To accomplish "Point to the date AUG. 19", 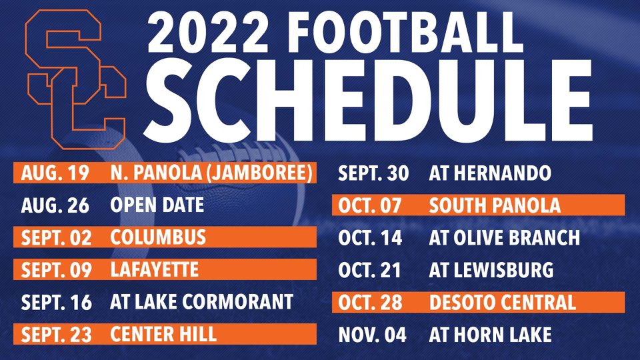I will pyautogui.click(x=55, y=173).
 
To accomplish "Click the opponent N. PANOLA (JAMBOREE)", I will pyautogui.click(x=211, y=173).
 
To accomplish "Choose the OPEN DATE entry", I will pyautogui.click(x=157, y=205).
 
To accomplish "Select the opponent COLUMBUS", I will pyautogui.click(x=158, y=237).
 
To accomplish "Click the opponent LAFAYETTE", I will pyautogui.click(x=154, y=270).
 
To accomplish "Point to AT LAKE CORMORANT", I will pyautogui.click(x=201, y=301).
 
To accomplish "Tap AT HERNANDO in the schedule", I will pyautogui.click(x=490, y=174).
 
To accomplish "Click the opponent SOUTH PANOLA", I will pyautogui.click(x=495, y=205).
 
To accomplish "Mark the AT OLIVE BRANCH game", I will pyautogui.click(x=505, y=237).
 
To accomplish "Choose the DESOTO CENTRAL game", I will pyautogui.click(x=502, y=302).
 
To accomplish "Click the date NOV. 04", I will pyautogui.click(x=372, y=333).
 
